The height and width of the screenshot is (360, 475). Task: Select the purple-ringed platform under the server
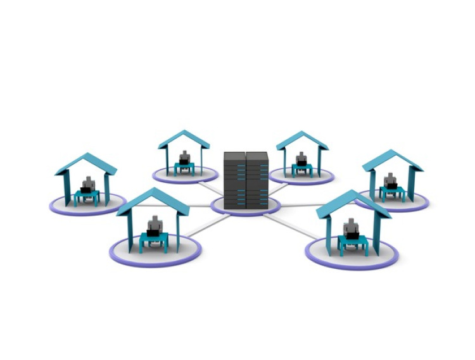click(x=245, y=206)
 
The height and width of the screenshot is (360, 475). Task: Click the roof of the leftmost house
click(x=86, y=163)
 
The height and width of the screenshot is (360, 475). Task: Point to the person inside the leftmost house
click(x=88, y=184)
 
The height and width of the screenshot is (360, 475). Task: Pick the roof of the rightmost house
click(x=393, y=159)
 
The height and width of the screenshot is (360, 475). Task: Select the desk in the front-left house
click(x=154, y=239)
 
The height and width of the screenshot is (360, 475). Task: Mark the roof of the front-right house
click(x=352, y=203)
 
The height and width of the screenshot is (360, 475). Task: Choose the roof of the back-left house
click(x=184, y=139)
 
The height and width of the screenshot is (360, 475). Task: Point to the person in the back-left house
click(x=184, y=158)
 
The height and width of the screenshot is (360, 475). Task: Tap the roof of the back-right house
click(x=302, y=140)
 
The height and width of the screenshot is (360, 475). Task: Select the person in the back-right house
click(x=301, y=159)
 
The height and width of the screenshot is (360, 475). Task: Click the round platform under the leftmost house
click(x=80, y=206)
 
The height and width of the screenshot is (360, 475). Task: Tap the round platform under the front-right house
click(x=351, y=256)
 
